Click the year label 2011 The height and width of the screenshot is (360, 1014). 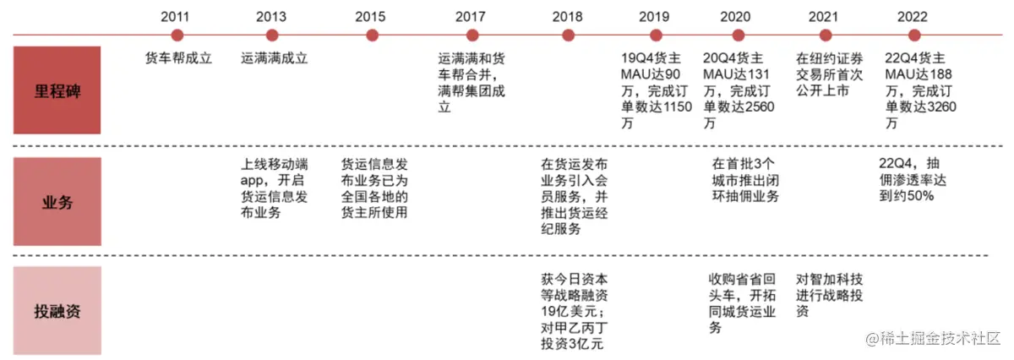(x=177, y=16)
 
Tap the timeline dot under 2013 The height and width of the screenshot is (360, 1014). (x=272, y=35)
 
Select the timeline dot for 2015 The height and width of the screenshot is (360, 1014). (x=372, y=35)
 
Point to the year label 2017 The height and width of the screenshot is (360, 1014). (x=470, y=16)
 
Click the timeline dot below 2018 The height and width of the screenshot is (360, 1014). (x=568, y=35)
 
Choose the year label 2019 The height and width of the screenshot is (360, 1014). (x=653, y=16)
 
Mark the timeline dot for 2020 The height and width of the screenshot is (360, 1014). (x=738, y=35)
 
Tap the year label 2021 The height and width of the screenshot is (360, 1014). (x=823, y=16)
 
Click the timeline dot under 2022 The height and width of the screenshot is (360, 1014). (x=913, y=35)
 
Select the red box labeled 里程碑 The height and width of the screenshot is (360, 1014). (x=57, y=90)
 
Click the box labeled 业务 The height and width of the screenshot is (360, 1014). (x=57, y=202)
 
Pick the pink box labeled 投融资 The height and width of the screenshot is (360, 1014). (x=57, y=310)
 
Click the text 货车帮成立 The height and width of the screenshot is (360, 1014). (x=178, y=59)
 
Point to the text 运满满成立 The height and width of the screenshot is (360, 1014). (x=275, y=59)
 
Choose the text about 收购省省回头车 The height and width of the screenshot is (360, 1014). (x=740, y=303)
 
